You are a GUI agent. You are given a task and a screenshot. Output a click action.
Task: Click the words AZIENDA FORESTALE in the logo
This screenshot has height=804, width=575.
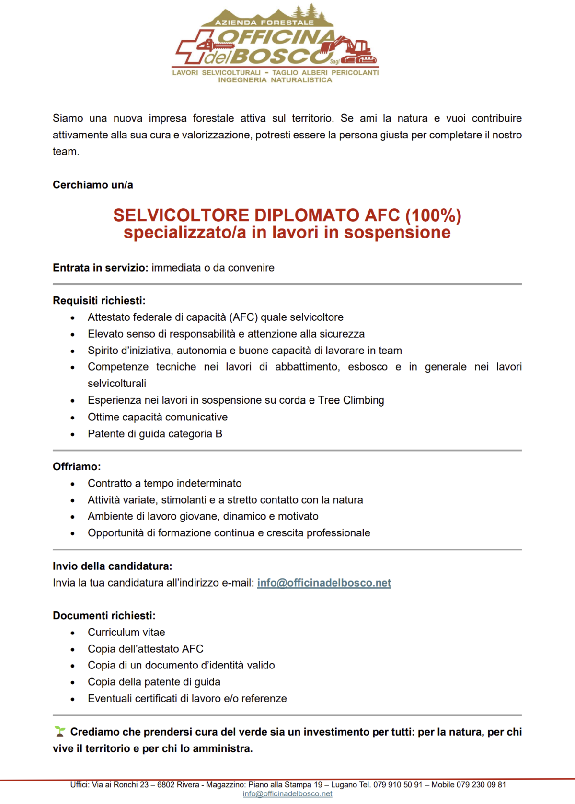[x=264, y=23]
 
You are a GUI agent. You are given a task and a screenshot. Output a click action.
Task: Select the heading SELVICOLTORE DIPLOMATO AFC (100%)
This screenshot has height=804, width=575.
[x=287, y=215]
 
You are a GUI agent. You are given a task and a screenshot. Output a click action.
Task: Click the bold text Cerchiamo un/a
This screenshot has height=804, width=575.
[x=93, y=185]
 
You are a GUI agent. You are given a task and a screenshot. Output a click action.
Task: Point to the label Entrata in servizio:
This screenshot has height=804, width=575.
[x=101, y=268]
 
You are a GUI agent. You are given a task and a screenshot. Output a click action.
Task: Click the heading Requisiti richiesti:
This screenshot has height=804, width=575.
[x=99, y=301]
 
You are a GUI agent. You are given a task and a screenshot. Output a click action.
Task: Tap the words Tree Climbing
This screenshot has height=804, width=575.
[x=351, y=400]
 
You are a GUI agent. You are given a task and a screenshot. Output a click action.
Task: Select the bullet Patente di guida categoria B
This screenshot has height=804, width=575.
[x=155, y=434]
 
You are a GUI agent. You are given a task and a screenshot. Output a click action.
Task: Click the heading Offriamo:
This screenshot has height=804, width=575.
[x=77, y=467]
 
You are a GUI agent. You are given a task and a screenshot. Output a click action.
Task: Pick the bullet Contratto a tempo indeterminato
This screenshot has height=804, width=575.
[x=164, y=484]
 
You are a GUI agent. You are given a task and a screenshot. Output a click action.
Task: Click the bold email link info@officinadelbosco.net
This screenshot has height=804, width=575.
[x=324, y=583]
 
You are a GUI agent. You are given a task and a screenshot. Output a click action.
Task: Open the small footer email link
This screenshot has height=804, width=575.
[x=287, y=794]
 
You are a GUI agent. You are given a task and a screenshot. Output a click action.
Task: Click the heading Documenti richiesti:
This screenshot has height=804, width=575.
[x=104, y=616]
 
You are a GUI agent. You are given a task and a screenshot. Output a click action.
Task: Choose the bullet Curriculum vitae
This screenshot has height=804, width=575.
[x=126, y=633]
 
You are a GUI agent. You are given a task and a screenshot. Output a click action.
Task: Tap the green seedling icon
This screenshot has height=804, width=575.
[x=60, y=732]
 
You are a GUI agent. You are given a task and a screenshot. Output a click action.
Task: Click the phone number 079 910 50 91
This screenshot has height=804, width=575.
[x=398, y=785]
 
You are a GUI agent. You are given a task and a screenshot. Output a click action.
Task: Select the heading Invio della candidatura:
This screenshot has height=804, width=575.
[x=112, y=566]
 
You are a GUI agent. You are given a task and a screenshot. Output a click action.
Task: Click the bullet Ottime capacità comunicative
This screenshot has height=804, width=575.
[x=158, y=417]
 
